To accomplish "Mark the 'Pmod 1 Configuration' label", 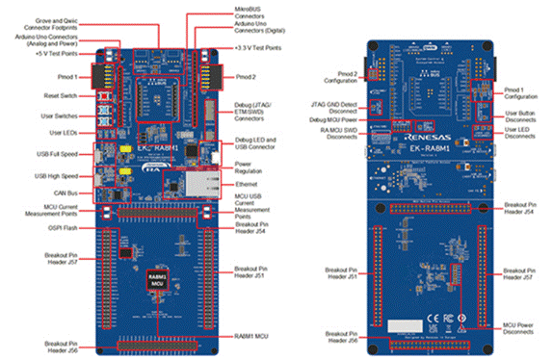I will (x=525, y=93).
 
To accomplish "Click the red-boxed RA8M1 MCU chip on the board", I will (x=156, y=282).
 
